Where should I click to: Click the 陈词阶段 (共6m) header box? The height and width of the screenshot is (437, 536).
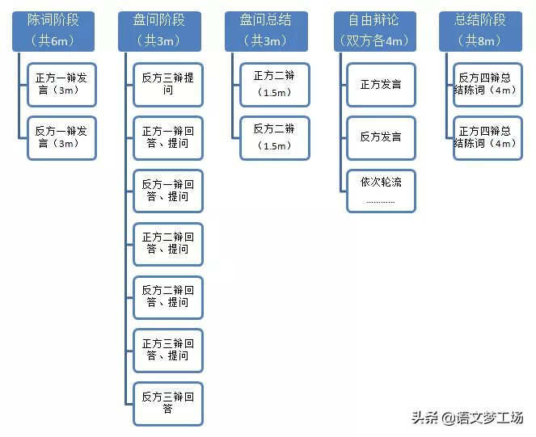click(54, 30)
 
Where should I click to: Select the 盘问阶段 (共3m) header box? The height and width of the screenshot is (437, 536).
click(160, 30)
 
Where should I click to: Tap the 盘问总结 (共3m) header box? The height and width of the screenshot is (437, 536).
click(266, 30)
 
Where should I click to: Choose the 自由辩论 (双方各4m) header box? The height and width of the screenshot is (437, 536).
click(374, 30)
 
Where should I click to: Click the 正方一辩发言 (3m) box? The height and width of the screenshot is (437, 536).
click(61, 85)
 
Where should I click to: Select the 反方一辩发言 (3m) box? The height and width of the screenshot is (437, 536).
click(61, 138)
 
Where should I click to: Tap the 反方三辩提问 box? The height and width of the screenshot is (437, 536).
click(168, 85)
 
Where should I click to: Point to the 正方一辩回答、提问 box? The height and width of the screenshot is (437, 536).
click(168, 138)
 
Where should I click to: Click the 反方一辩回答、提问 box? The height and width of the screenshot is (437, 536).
click(168, 191)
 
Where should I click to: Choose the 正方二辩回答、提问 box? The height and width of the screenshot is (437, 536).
click(168, 244)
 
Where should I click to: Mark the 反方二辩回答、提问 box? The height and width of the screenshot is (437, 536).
click(168, 297)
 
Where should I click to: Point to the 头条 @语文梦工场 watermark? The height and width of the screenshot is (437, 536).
click(467, 418)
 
